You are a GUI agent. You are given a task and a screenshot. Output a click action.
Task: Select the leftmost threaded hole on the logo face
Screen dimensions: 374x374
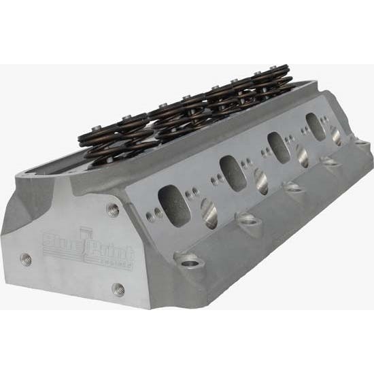27,258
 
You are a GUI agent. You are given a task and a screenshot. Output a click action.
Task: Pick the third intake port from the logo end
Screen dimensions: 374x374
277,144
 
